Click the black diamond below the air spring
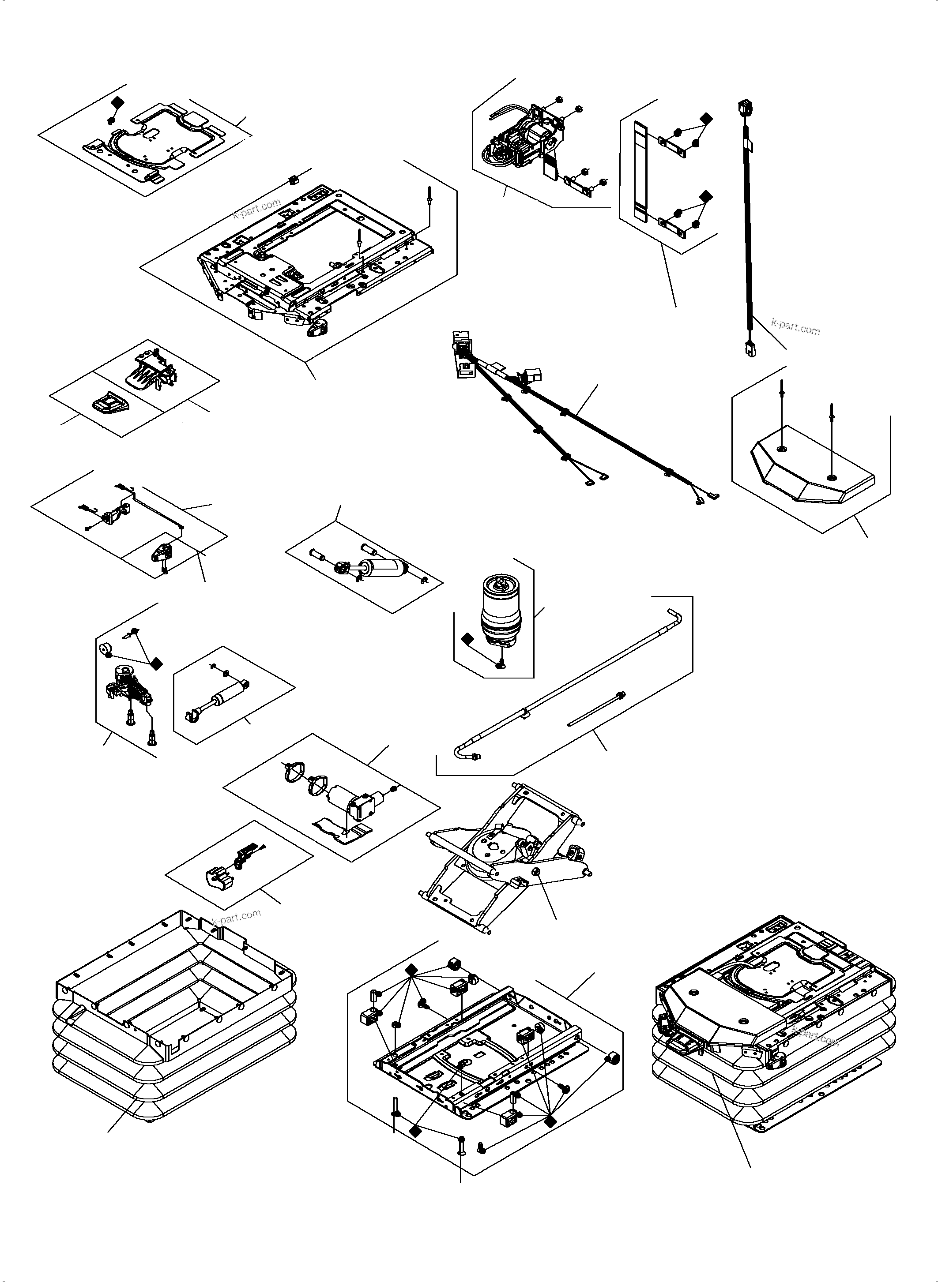(x=468, y=640)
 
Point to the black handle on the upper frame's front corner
(x=319, y=328)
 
